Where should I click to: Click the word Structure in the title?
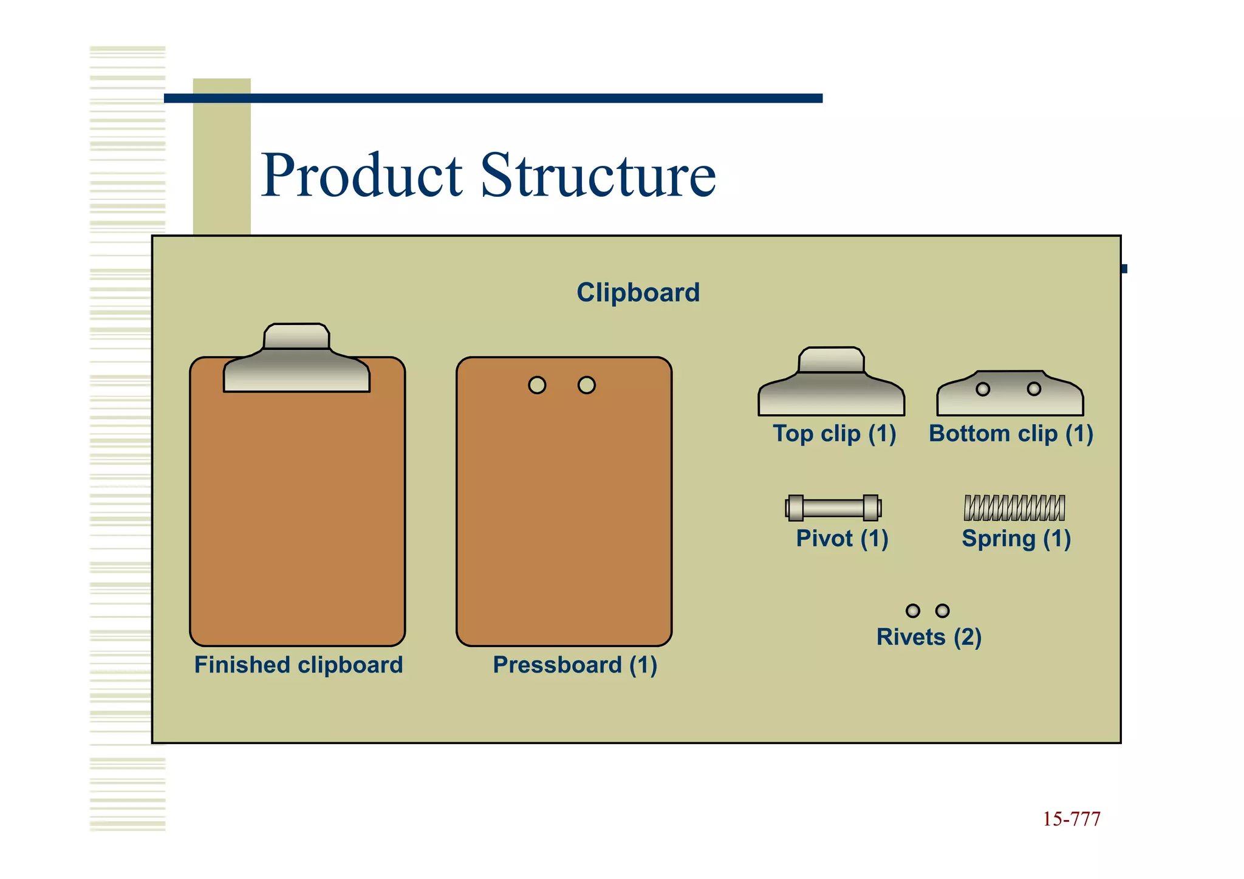[x=598, y=176]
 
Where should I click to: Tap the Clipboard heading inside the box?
[x=638, y=293]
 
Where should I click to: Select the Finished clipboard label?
[x=298, y=665]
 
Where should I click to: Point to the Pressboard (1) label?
[x=575, y=665]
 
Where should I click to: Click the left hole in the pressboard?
[x=537, y=385]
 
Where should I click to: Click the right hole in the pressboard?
[x=587, y=385]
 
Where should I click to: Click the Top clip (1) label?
[x=834, y=434]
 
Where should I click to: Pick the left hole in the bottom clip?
[x=983, y=389]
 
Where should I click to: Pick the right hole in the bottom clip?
[x=1034, y=389]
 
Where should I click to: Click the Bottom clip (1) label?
[x=1011, y=434]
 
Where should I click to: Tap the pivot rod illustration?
[x=833, y=508]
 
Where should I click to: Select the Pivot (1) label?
[x=842, y=539]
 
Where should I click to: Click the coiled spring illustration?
[x=1014, y=508]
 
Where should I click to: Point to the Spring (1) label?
[x=1016, y=539]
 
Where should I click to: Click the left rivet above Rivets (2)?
[x=913, y=611]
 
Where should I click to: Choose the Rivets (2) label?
[x=929, y=637]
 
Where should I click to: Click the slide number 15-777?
[x=1071, y=819]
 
